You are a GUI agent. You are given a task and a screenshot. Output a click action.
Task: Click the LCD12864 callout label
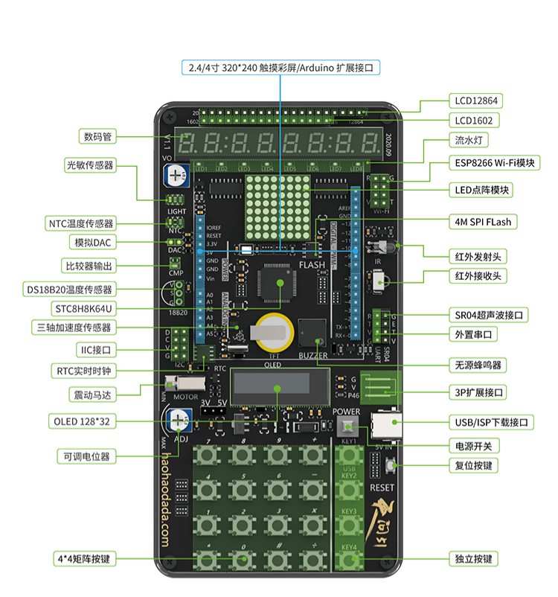point(477,100)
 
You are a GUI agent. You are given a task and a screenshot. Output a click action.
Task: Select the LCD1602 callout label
point(473,120)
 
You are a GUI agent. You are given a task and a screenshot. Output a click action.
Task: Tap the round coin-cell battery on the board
point(271,331)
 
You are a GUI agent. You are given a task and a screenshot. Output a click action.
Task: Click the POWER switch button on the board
point(346,428)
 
